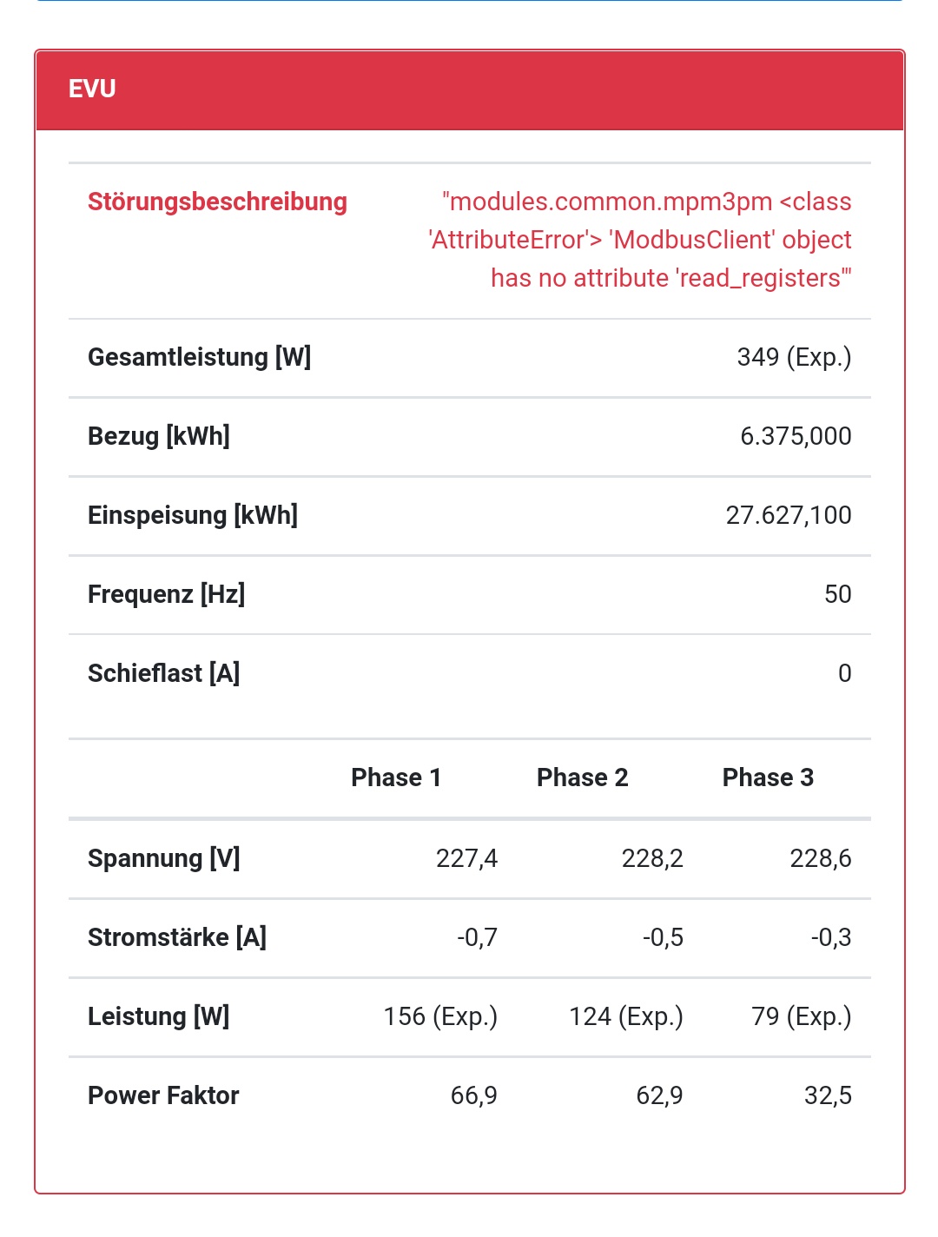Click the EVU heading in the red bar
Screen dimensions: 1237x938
tap(92, 89)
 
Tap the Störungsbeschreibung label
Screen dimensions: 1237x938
tap(217, 202)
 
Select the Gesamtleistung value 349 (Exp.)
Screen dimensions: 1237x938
tap(794, 357)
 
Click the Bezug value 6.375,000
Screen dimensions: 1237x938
tap(796, 436)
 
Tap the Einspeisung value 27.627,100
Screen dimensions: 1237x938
tap(789, 515)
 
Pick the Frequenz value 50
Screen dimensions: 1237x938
tap(837, 594)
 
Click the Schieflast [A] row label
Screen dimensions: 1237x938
tap(164, 673)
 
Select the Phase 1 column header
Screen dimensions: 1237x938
tap(396, 777)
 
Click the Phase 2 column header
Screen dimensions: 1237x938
tap(582, 777)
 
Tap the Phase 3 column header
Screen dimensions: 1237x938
tap(768, 777)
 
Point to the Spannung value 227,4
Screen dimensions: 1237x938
tap(466, 858)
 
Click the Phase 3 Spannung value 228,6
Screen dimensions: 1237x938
tap(820, 858)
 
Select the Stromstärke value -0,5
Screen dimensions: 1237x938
tap(663, 937)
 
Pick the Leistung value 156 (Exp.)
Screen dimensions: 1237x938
tap(440, 1016)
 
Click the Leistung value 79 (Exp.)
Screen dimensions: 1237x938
tap(801, 1016)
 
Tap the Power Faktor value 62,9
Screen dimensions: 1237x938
tap(659, 1095)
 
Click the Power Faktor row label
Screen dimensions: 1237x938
tap(163, 1095)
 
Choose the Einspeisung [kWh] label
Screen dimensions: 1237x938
tap(193, 515)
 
